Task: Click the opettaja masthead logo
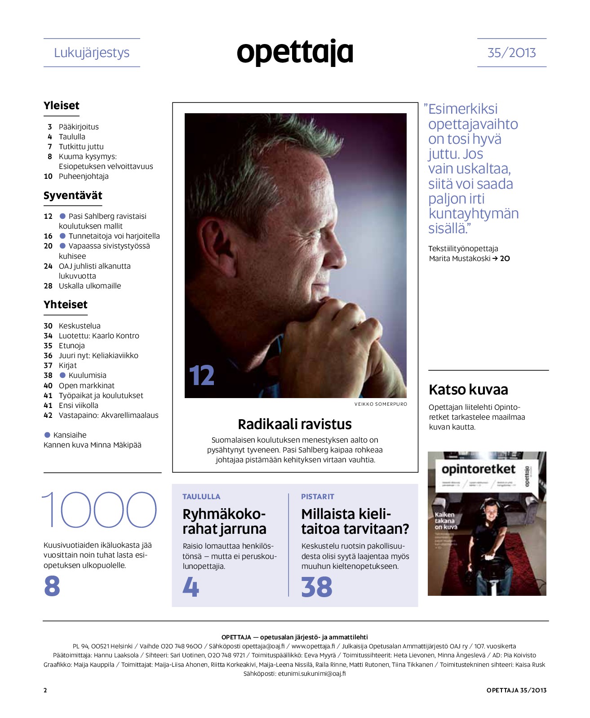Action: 295,53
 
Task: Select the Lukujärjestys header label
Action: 92,53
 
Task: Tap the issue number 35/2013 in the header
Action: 511,53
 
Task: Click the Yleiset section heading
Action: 62,106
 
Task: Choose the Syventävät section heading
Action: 73,195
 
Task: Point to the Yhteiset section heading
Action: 66,305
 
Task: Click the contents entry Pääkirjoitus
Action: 79,127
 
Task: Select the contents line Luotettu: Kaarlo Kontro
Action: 99,336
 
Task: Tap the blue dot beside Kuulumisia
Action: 63,375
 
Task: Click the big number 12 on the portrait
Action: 201,376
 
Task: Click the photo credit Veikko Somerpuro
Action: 381,404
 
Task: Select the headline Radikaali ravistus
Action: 295,424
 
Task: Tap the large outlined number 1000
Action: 100,510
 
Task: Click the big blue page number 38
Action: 317,587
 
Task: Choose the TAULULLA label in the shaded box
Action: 201,496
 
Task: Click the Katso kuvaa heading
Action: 468,390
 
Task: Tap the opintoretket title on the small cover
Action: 478,470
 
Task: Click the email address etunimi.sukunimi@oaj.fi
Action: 312,674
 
